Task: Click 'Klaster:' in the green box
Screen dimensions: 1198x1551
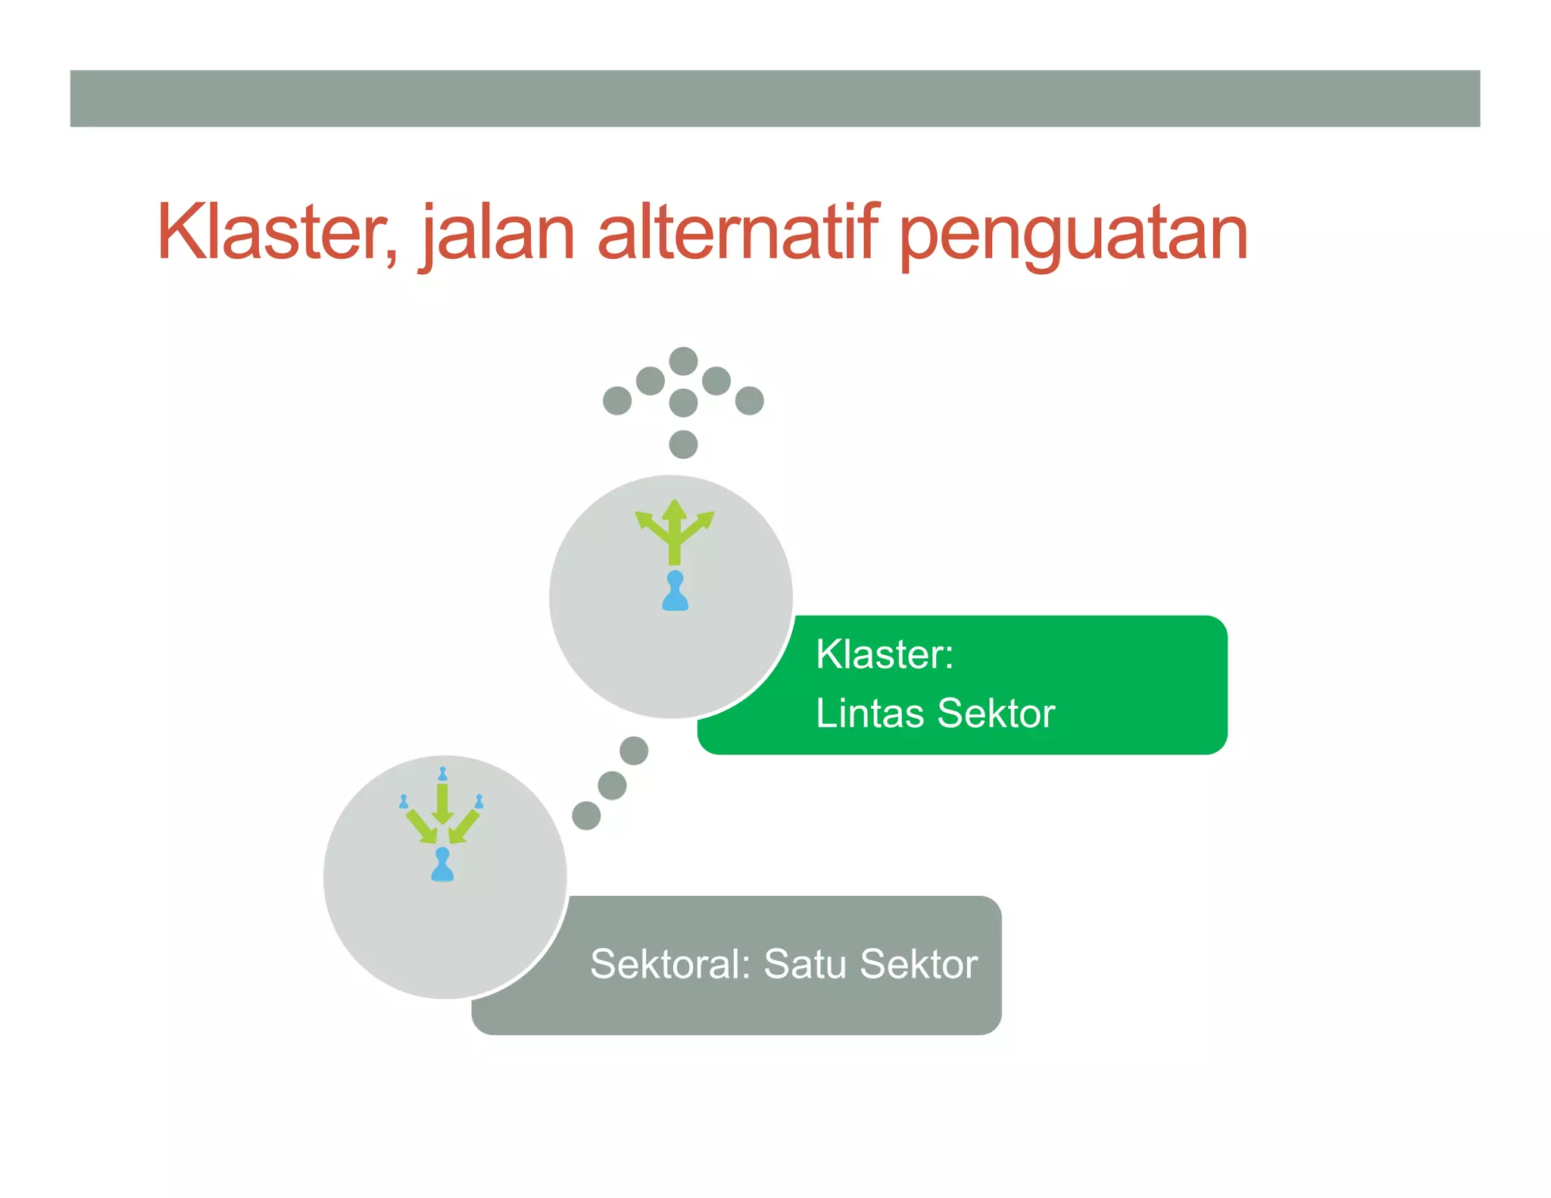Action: coord(884,654)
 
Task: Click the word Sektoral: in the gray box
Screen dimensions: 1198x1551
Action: coord(670,964)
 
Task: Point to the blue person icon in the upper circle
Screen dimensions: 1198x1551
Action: coord(675,591)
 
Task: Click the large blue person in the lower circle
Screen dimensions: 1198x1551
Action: coord(442,865)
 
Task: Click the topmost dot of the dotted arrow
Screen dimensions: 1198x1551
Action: coord(683,361)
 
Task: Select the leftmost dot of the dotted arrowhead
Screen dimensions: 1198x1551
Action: coord(617,401)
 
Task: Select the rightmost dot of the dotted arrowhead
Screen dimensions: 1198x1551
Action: coord(750,401)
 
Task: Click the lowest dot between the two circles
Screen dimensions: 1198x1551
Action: coord(586,816)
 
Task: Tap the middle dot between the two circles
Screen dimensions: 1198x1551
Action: coord(612,785)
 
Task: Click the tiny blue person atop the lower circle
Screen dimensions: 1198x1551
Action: coord(442,774)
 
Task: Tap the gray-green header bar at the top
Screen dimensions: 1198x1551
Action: coord(775,98)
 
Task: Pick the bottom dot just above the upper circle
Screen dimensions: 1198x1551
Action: coord(683,445)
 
